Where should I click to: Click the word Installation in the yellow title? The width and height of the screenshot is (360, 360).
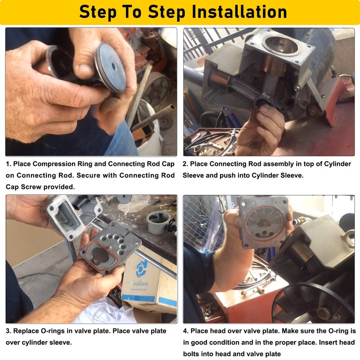[239, 12]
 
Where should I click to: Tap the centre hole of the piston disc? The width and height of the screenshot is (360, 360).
[114, 67]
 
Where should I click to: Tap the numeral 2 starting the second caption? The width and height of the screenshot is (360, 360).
[184, 164]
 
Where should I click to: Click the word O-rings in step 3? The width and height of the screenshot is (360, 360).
[53, 331]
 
